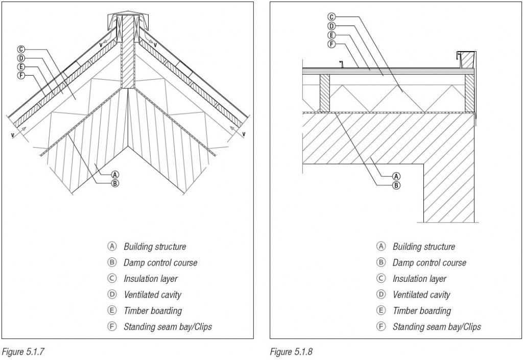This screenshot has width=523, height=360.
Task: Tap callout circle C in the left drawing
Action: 21,50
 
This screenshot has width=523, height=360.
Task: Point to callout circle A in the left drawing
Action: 115,174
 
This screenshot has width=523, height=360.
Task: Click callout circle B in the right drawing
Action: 396,185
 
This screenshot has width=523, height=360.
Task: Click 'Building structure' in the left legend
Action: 154,247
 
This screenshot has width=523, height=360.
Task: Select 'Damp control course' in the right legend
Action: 429,262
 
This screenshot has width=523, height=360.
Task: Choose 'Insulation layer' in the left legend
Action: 150,279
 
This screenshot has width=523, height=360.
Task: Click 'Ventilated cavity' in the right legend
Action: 421,295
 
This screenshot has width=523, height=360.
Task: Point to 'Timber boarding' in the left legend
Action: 152,310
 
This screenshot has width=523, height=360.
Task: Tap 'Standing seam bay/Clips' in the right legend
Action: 436,327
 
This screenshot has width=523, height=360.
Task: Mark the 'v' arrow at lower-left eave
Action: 17,134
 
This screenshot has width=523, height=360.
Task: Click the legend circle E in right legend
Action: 381,310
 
